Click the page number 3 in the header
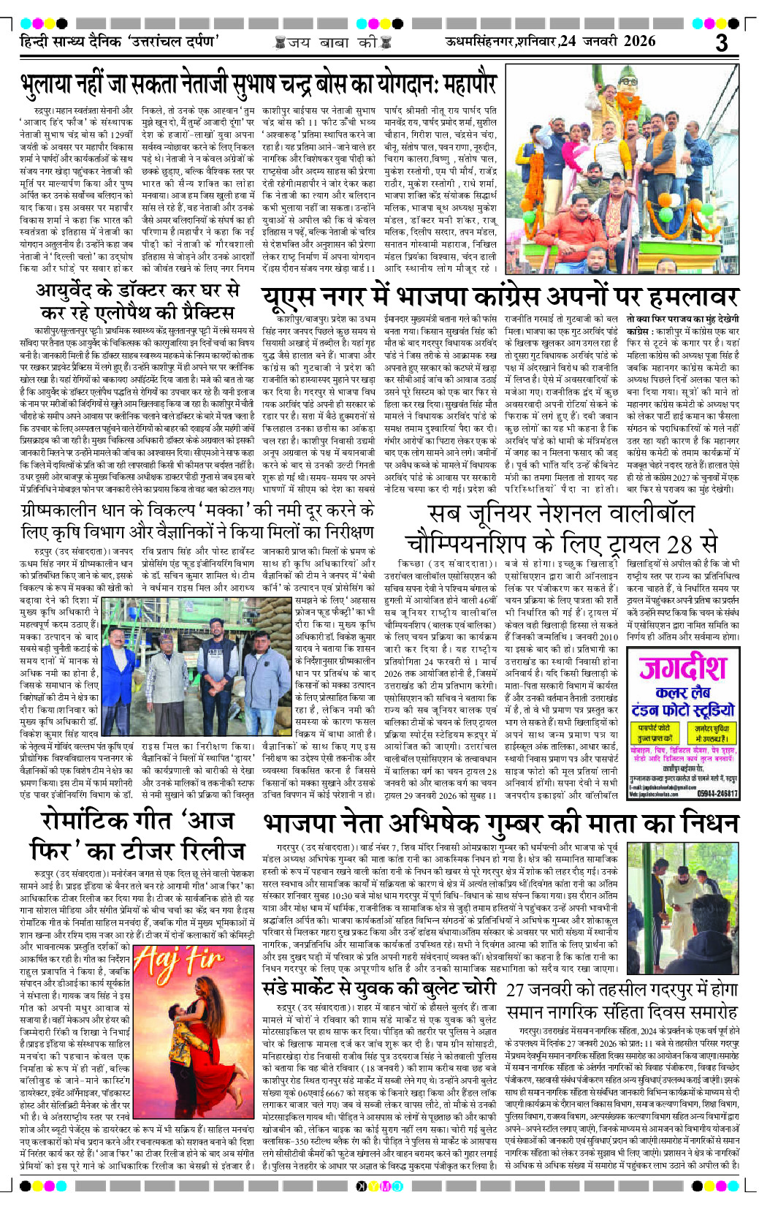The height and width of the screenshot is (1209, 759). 721,42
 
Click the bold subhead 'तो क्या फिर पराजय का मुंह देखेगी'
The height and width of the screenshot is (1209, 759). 682,319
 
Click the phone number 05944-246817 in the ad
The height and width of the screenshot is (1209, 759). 717,793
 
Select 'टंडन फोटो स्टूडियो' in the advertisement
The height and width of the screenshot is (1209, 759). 683,709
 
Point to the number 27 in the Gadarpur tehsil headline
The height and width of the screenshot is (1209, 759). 516,990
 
